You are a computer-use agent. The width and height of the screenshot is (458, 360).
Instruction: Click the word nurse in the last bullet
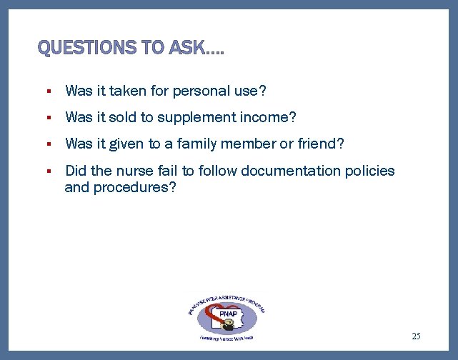tap(136, 171)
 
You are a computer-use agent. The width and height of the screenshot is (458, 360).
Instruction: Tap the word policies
tap(370, 171)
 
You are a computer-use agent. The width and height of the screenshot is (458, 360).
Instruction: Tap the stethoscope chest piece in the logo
tap(229, 324)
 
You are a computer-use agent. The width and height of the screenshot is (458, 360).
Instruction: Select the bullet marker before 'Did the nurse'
tap(46, 171)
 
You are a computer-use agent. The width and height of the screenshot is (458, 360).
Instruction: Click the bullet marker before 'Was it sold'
tap(46, 118)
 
